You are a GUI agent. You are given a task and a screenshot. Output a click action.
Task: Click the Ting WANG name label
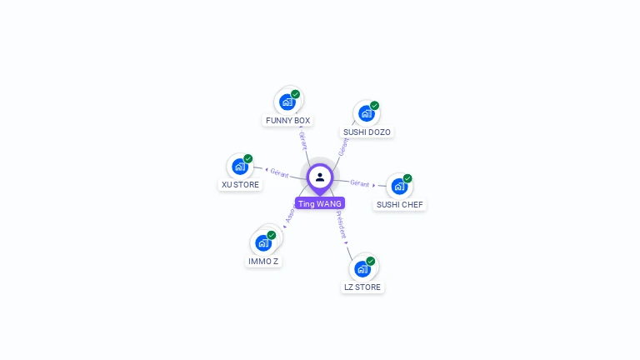(x=319, y=203)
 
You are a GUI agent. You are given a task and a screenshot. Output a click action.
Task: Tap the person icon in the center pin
(x=320, y=177)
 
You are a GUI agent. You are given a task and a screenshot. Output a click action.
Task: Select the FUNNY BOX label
(x=287, y=121)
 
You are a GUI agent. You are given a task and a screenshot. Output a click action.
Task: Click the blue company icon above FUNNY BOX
(x=287, y=102)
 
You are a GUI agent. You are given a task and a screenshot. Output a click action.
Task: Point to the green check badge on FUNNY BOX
(x=296, y=94)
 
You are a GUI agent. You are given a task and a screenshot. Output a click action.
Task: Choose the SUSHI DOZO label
(x=367, y=132)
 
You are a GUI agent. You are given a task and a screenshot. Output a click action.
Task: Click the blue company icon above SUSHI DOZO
(x=366, y=112)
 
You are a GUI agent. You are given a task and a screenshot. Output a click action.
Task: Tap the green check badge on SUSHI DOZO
(x=375, y=106)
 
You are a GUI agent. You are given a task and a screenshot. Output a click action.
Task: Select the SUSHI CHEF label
(x=400, y=204)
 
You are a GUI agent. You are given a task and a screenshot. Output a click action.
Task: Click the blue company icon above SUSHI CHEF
(x=399, y=186)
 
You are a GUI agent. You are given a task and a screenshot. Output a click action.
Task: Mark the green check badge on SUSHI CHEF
(x=407, y=178)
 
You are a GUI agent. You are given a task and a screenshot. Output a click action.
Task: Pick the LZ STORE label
(x=362, y=287)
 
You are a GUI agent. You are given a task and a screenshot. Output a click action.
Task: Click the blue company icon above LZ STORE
(x=362, y=268)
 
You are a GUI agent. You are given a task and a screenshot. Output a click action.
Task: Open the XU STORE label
(x=240, y=185)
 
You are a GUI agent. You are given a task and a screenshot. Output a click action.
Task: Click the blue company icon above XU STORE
(x=239, y=166)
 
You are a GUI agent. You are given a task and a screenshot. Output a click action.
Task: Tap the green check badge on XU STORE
(x=248, y=158)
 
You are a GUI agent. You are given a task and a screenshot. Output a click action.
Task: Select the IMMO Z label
(x=263, y=262)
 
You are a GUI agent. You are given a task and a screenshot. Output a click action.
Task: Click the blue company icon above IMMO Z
(x=263, y=242)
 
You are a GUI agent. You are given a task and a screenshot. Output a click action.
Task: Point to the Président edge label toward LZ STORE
(x=341, y=225)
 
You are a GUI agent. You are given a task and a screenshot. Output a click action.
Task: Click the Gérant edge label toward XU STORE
(x=279, y=173)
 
